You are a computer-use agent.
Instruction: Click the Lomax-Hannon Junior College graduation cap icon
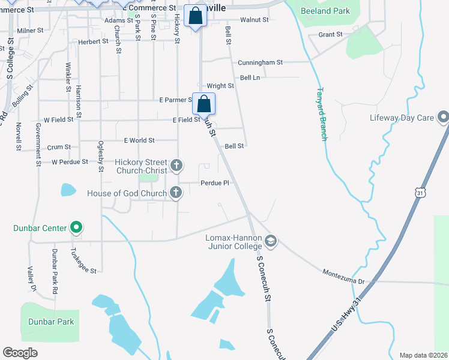point(270,241)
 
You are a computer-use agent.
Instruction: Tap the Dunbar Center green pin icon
point(76,228)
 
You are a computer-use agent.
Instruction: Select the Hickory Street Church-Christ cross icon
point(176,164)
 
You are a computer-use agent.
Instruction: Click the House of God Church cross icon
point(176,193)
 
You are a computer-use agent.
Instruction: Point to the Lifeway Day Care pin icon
point(443,117)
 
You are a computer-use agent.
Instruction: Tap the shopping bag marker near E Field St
point(204,104)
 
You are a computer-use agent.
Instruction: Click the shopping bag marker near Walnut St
point(196,16)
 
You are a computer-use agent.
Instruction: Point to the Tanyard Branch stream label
point(322,114)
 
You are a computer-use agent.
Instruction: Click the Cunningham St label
point(260,62)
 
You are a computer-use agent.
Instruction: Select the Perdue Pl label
point(215,183)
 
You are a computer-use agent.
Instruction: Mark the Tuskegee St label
point(84,262)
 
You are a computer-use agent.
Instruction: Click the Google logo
point(20,353)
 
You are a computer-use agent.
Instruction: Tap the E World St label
point(139,140)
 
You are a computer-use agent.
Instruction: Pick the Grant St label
point(330,35)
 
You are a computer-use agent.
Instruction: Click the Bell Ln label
point(250,78)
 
